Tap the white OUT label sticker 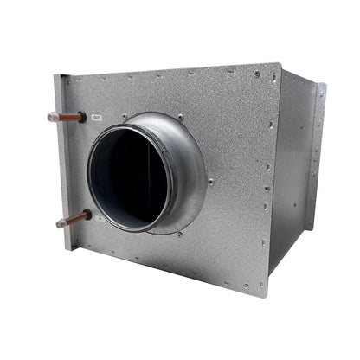96,118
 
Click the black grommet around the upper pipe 82,116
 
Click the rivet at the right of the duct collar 210,181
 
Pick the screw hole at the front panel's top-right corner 258,74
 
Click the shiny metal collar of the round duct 186,164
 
